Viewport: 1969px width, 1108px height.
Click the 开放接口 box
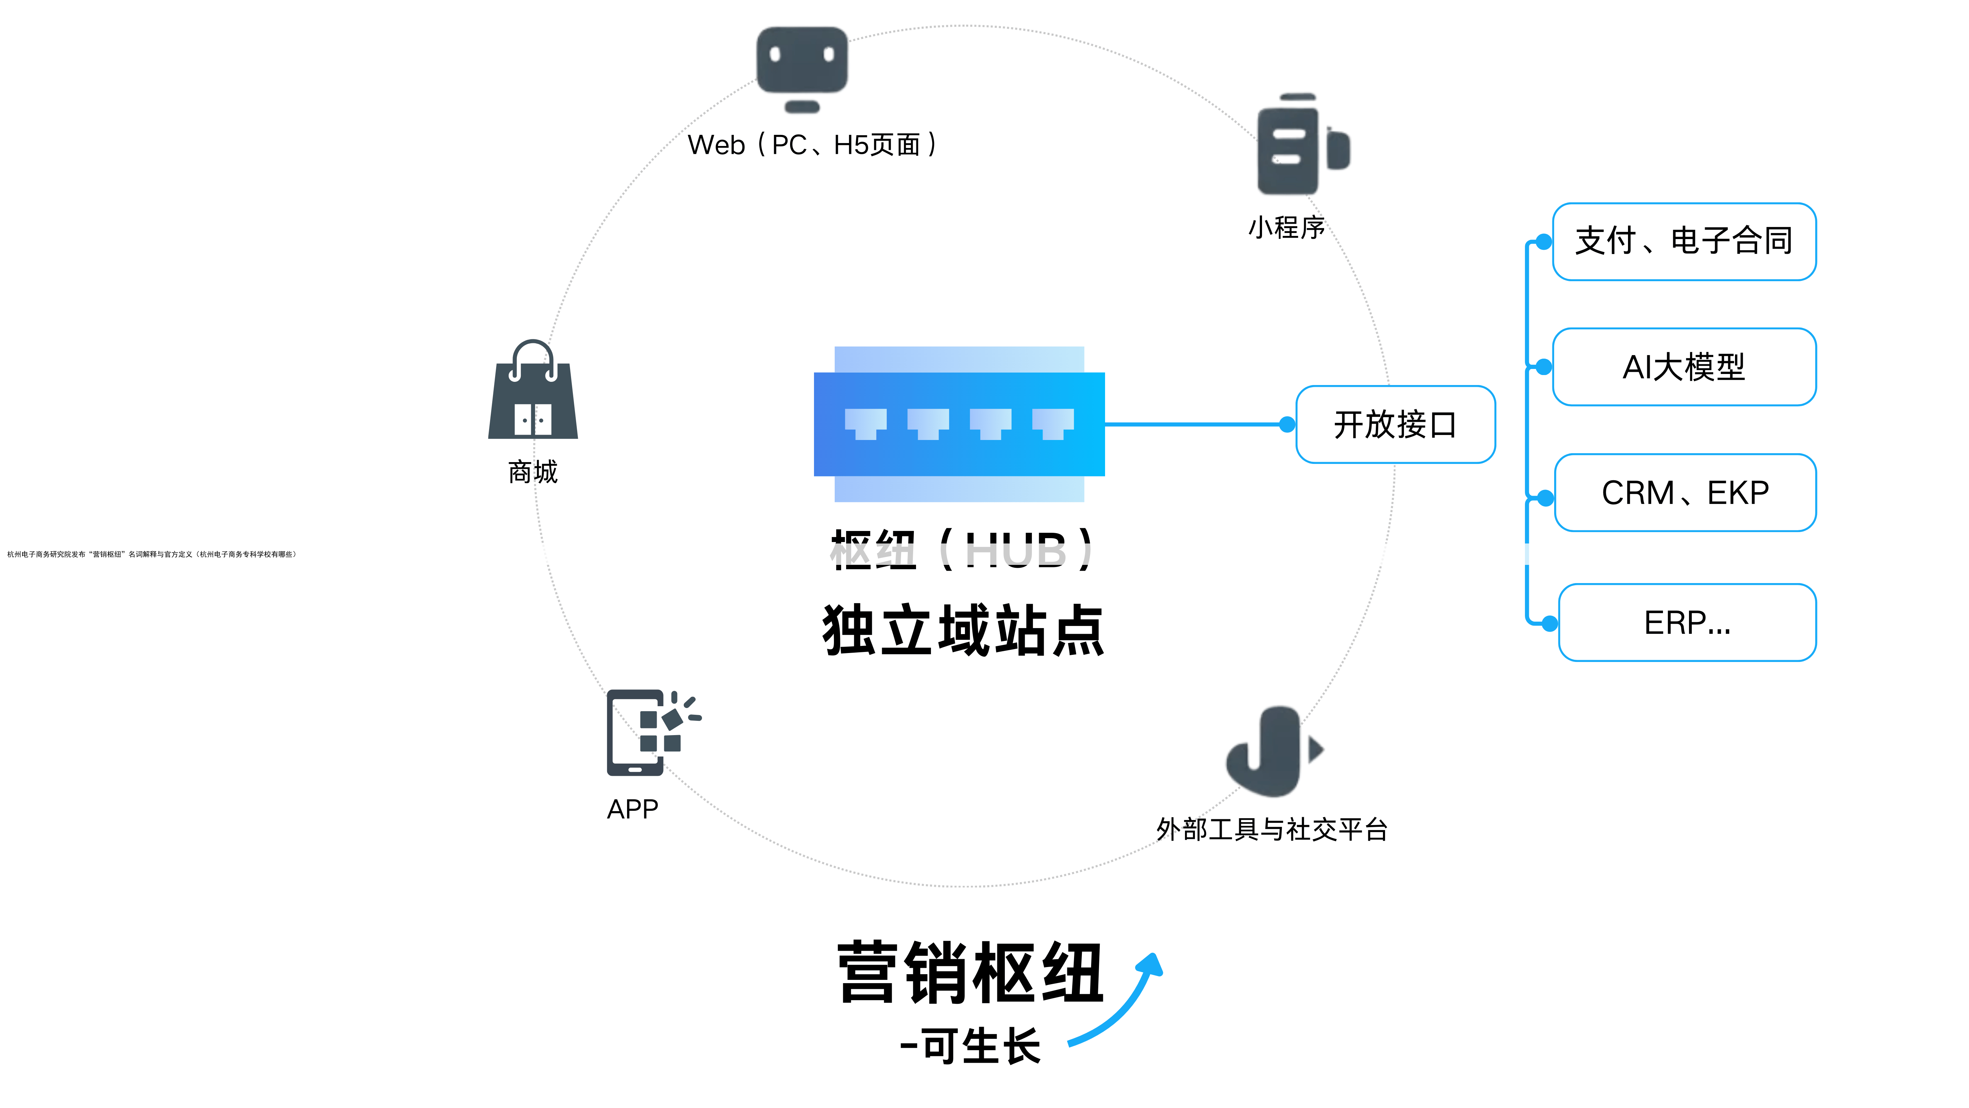[1395, 424]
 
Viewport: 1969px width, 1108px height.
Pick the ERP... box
[1687, 622]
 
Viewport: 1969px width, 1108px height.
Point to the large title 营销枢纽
[971, 973]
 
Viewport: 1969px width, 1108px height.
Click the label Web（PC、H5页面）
[813, 145]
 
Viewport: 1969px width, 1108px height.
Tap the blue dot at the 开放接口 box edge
[1287, 424]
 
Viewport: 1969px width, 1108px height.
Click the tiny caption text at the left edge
[151, 555]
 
